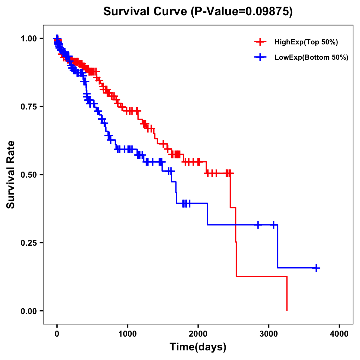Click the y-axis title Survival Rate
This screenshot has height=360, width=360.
pyautogui.click(x=11, y=174)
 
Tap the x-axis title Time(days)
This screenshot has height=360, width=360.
pyautogui.click(x=198, y=347)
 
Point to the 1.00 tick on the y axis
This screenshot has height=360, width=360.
pyautogui.click(x=29, y=38)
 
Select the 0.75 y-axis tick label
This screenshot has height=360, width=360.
pyautogui.click(x=29, y=106)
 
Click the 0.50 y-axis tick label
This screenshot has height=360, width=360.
pyautogui.click(x=29, y=175)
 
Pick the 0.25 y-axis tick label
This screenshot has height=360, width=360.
pyautogui.click(x=29, y=243)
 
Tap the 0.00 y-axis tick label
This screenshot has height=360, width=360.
pyautogui.click(x=29, y=311)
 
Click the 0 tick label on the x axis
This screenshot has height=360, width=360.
pyautogui.click(x=57, y=334)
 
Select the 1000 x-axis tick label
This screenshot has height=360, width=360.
pyautogui.click(x=127, y=334)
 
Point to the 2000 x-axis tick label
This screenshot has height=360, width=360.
pyautogui.click(x=198, y=334)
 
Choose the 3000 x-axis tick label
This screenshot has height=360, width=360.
pyautogui.click(x=269, y=334)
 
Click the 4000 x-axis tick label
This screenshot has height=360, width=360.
pyautogui.click(x=339, y=334)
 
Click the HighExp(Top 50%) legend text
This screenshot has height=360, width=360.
pyautogui.click(x=306, y=42)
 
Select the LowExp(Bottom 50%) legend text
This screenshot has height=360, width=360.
pyautogui.click(x=311, y=58)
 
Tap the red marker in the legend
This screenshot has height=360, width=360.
pyautogui.click(x=260, y=42)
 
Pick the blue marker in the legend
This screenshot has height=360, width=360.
pyautogui.click(x=260, y=58)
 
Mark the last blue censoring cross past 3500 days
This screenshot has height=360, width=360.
pyautogui.click(x=316, y=268)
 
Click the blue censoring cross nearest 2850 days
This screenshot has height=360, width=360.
pyautogui.click(x=258, y=225)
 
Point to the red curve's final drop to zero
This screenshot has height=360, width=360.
pyautogui.click(x=287, y=294)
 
